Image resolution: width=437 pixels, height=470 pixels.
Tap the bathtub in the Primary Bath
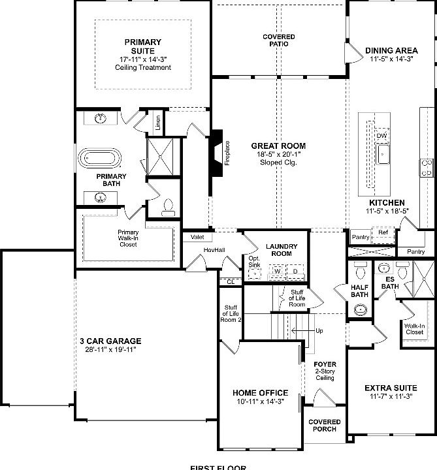[100, 159]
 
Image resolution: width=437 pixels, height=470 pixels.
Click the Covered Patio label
[279, 40]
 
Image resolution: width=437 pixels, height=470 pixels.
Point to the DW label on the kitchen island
[381, 136]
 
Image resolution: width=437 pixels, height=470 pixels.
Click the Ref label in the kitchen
[383, 232]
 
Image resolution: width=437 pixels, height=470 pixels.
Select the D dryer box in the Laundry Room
[295, 270]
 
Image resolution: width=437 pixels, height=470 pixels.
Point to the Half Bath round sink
[360, 310]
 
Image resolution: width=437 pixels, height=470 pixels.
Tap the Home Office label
[260, 393]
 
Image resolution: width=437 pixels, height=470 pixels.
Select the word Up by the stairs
[319, 331]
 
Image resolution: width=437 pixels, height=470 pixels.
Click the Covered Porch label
[323, 426]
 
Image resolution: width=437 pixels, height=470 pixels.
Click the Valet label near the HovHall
[197, 238]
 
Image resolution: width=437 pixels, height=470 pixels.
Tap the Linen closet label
[158, 123]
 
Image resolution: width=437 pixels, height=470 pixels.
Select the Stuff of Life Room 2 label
[231, 314]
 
